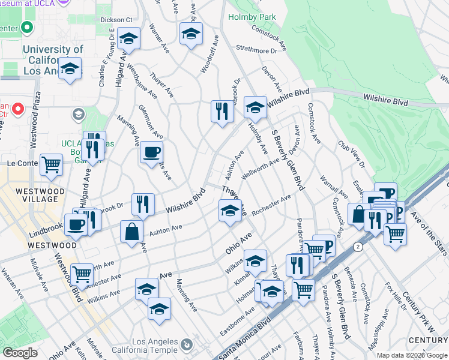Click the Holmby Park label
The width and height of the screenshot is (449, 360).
pos(252,17)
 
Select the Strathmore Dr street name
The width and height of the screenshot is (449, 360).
pos(256,50)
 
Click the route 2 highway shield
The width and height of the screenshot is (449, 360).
pos(358,247)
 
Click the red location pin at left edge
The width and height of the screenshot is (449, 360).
pos(17,109)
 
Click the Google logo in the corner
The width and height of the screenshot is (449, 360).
pos(20,353)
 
